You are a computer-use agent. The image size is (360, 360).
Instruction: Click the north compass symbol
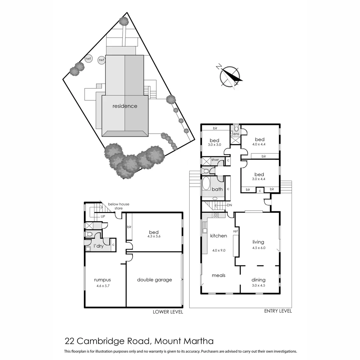point(230,76)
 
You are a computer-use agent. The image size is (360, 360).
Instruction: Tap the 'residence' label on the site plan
point(125,106)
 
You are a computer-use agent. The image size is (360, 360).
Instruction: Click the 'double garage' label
point(154,280)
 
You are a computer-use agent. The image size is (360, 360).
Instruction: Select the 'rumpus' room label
point(102,280)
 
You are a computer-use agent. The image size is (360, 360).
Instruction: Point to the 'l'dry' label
point(98,246)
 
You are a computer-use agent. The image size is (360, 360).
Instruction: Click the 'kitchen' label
point(218,236)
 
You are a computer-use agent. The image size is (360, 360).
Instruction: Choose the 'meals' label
point(219,275)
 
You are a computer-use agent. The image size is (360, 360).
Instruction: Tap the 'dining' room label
point(258,280)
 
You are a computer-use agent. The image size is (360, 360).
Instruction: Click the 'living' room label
point(258,242)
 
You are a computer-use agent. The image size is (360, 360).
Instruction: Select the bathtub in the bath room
point(206,184)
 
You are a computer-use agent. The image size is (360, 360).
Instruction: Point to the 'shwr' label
point(215,160)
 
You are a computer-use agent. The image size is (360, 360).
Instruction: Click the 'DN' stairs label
point(229,205)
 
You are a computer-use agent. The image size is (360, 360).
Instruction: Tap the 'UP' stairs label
point(104,216)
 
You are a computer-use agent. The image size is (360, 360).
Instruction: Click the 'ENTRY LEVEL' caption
point(278,311)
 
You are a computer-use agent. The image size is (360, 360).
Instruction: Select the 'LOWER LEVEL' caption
point(168,312)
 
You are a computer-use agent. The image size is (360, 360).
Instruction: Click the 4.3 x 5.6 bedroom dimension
point(154,237)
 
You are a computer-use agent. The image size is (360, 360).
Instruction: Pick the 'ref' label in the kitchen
point(235,231)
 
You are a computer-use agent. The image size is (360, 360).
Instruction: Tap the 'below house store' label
point(118,206)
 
